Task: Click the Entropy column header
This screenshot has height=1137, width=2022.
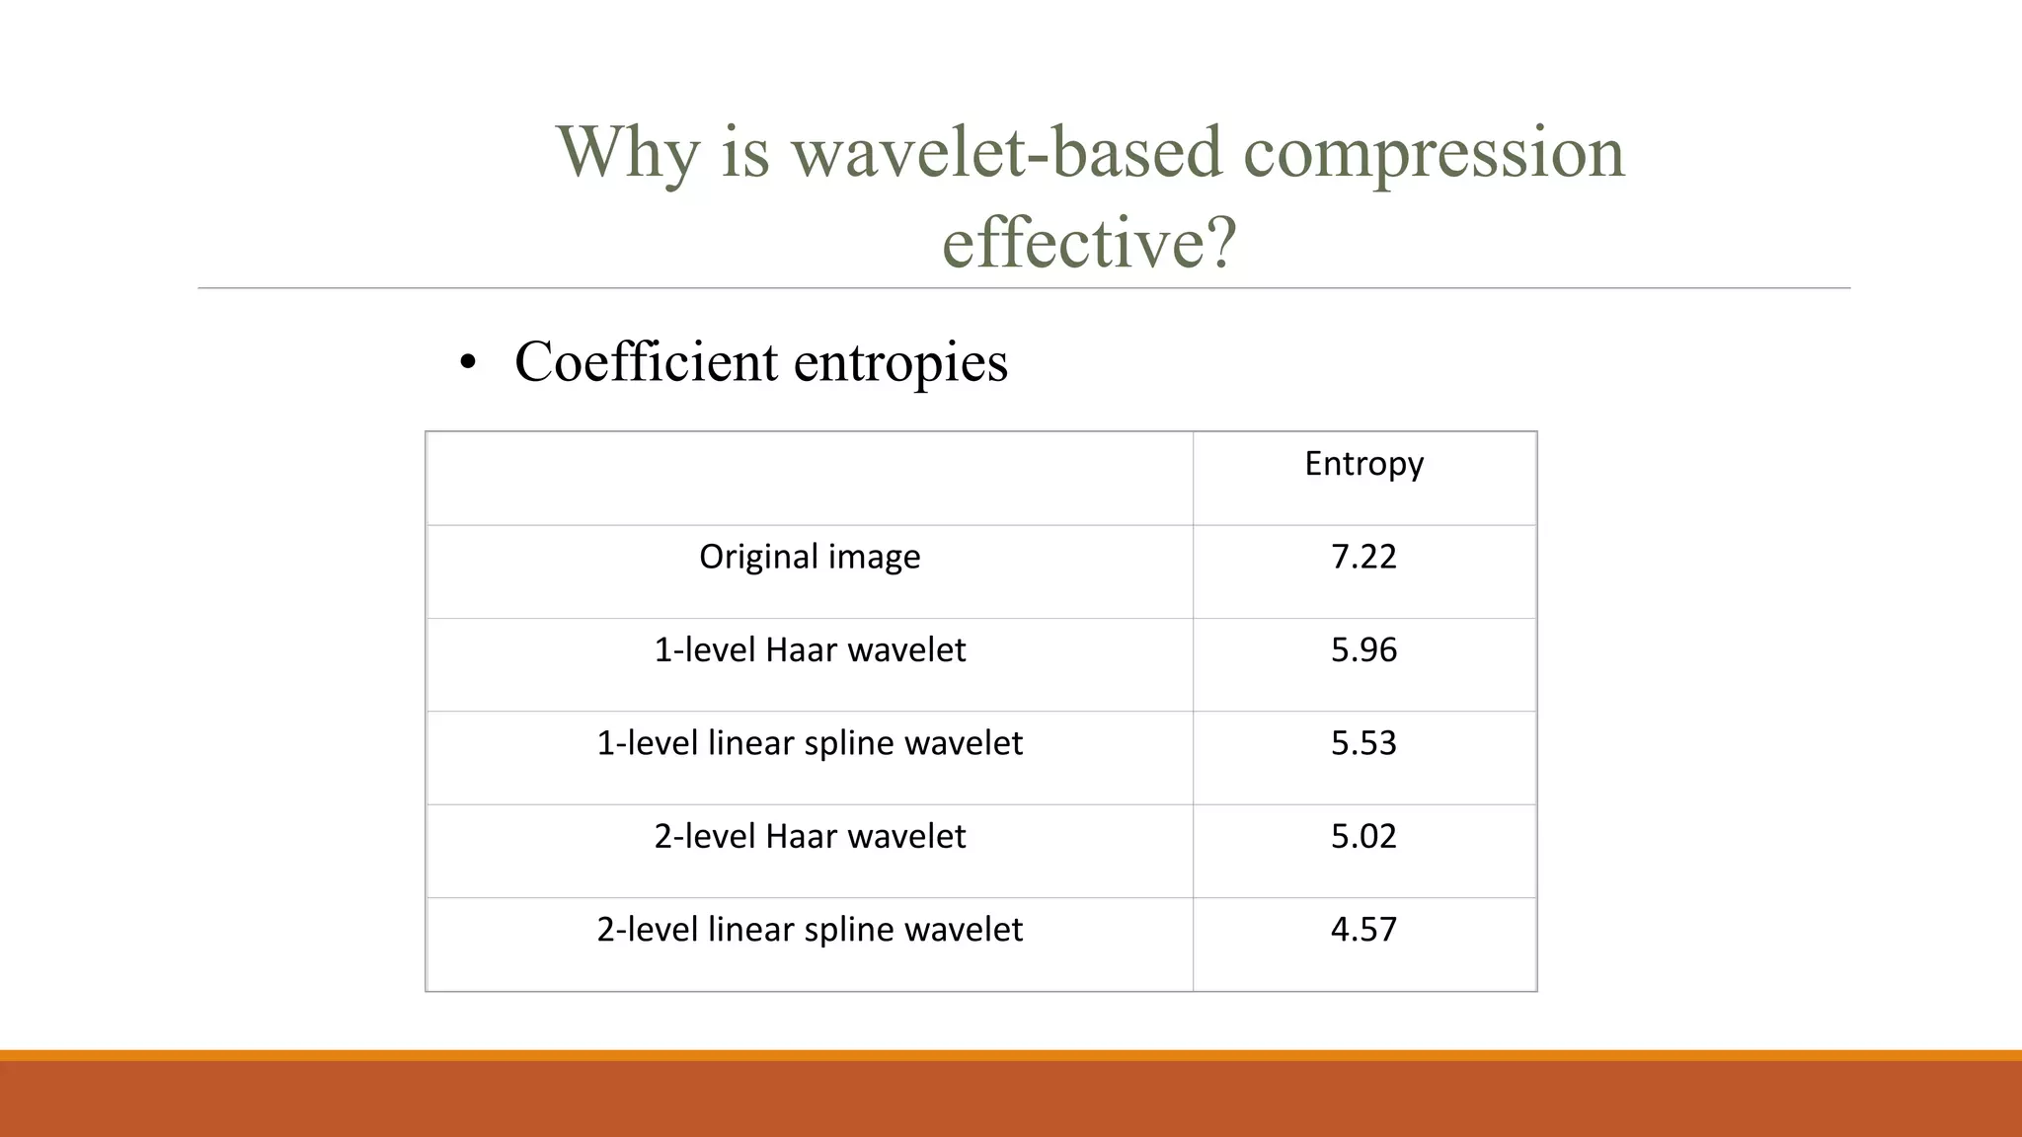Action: pos(1363,463)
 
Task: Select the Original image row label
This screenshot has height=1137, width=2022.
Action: pos(810,557)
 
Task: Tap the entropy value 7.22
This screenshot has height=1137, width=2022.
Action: pos(1363,557)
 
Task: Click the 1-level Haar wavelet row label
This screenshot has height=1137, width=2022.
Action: pos(810,649)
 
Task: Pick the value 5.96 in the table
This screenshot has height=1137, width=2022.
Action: pos(1363,649)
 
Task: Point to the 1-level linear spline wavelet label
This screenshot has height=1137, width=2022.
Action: pos(810,742)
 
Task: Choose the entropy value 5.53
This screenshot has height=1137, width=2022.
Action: pos(1363,742)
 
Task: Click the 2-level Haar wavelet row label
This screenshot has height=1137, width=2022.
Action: pos(810,836)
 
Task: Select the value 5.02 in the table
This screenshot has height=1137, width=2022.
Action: pos(1363,836)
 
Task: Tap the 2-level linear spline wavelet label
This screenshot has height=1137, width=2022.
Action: pos(810,929)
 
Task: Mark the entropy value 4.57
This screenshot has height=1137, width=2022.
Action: pos(1363,929)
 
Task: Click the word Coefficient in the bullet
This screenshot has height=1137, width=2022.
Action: pos(646,361)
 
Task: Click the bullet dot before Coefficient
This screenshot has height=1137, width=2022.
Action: pos(468,362)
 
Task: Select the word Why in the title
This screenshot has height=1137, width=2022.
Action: pos(628,152)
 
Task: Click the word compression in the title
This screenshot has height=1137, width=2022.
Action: pos(1433,154)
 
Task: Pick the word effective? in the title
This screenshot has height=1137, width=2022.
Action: pos(1089,242)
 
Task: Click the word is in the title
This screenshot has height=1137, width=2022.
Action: pos(744,152)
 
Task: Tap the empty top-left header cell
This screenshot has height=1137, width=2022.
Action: pos(810,478)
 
